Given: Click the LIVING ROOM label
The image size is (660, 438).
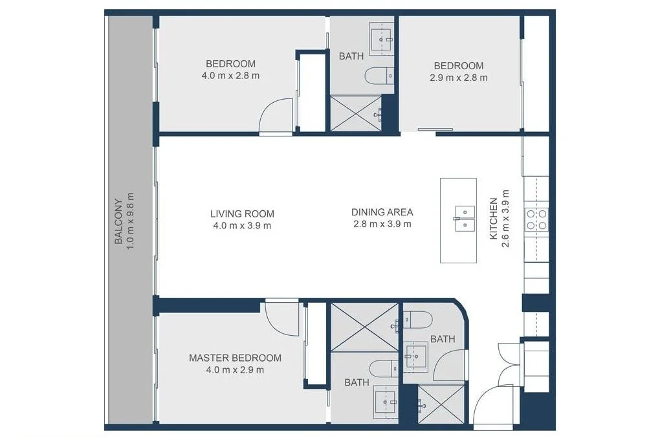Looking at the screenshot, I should pos(242,214).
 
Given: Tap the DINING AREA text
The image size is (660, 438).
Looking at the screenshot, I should pos(382,212).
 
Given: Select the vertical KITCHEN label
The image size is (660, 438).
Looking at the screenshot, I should pos(494,219).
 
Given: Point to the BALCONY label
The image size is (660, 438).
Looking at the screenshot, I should pos(118,221).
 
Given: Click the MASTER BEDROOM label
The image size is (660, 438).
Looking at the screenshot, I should pos(235,358).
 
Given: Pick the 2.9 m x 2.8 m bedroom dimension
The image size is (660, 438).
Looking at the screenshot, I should pos(458,78).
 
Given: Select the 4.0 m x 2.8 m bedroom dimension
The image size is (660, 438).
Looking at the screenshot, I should pos(230,76).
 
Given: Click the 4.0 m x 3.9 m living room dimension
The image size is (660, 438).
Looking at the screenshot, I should pos(242,226).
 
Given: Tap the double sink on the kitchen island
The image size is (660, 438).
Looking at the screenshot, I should pos(464,218).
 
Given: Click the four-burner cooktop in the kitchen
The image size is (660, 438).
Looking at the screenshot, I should pos(538,219).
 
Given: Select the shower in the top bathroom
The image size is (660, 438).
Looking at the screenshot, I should pos(355,114).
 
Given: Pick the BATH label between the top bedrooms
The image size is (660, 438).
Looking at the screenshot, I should pos(351,56).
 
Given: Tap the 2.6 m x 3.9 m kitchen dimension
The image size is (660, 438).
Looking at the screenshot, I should pos(505,219).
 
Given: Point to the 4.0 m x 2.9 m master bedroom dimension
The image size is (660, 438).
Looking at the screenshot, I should pos(235,370).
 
